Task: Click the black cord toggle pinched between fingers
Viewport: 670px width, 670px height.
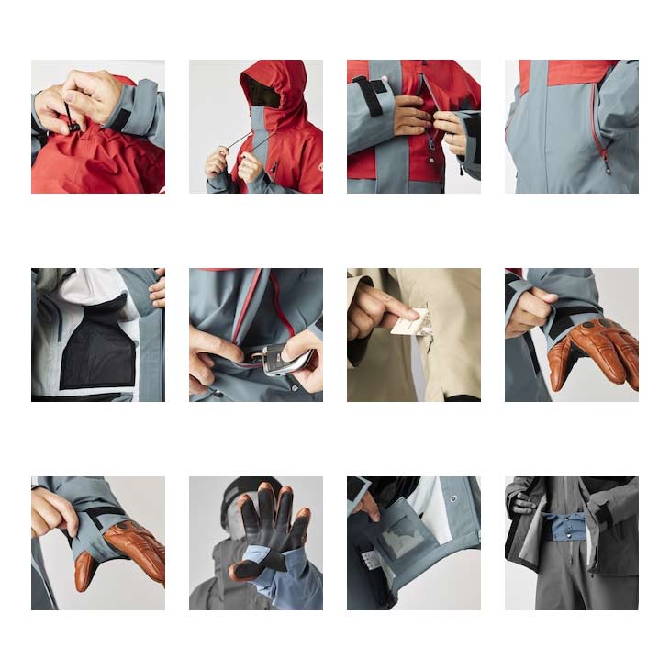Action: pos(71,115)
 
